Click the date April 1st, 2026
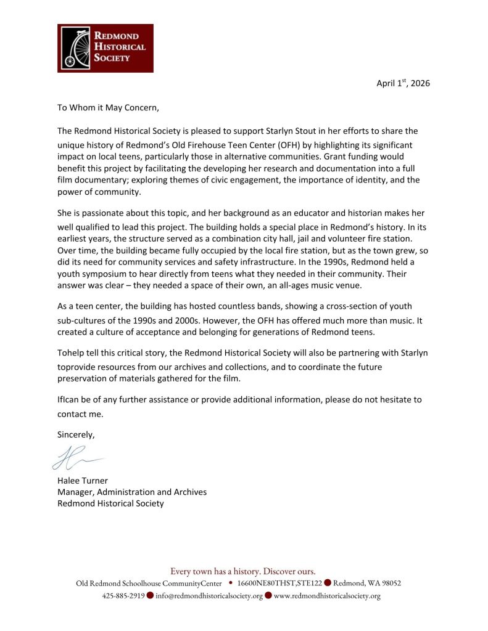click(x=403, y=83)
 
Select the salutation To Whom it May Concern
click(x=108, y=107)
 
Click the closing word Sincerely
click(x=77, y=434)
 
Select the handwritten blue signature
click(x=77, y=458)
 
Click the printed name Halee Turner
click(x=83, y=481)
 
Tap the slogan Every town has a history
click(x=243, y=571)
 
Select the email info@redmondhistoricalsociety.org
click(x=209, y=596)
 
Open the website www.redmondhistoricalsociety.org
click(x=327, y=596)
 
